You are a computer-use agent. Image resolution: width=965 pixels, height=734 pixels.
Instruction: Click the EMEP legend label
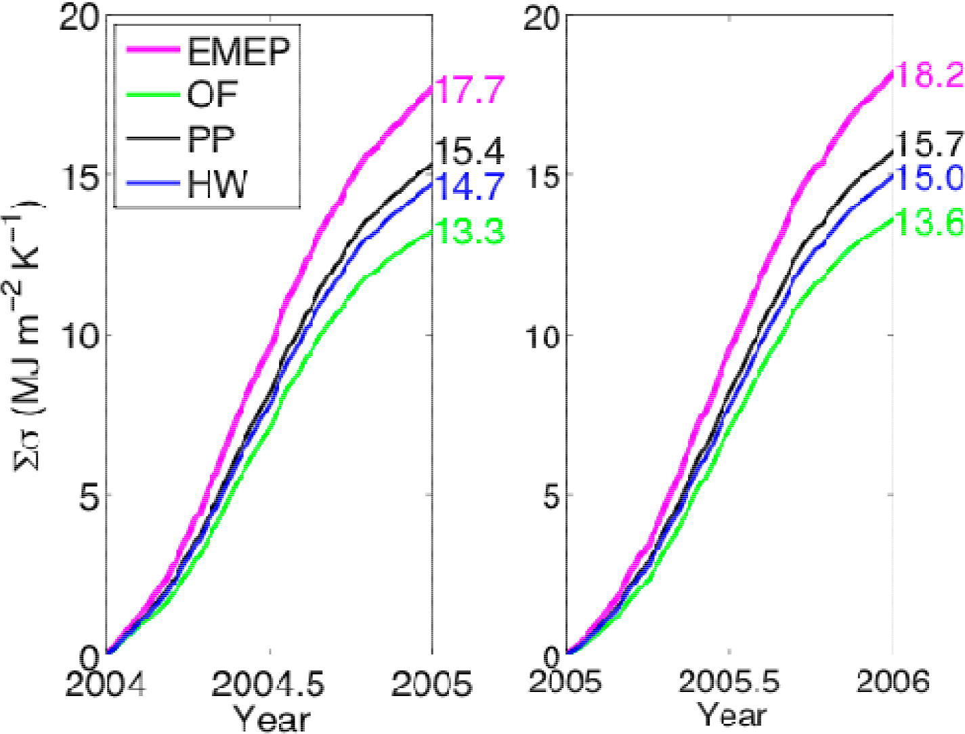(x=238, y=51)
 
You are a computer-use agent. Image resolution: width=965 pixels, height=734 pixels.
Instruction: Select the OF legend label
(x=212, y=94)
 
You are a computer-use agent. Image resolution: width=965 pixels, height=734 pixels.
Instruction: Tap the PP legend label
(x=211, y=140)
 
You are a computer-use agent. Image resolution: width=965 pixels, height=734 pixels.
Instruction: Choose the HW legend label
(x=217, y=184)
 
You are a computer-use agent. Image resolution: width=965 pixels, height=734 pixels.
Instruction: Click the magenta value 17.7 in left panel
(x=469, y=89)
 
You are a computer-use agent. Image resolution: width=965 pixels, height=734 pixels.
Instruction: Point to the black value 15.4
(x=469, y=150)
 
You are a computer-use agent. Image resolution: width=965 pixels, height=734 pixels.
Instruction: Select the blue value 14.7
(x=469, y=187)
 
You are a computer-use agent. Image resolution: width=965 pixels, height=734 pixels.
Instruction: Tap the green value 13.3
(x=469, y=232)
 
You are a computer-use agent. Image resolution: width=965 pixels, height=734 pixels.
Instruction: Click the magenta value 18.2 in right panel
(x=930, y=74)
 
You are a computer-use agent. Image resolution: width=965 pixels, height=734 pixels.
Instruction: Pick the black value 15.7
(x=930, y=144)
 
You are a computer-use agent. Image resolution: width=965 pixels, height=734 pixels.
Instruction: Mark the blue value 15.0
(x=930, y=178)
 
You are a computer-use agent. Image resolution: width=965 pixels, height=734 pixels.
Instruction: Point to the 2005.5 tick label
(x=729, y=680)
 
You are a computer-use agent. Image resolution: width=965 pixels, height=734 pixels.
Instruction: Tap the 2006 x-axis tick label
(x=893, y=680)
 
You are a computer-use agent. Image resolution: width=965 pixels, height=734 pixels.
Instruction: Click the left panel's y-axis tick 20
(x=79, y=17)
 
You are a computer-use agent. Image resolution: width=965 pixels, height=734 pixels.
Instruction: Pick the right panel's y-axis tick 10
(x=543, y=336)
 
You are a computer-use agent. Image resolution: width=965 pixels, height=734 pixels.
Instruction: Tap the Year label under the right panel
(x=731, y=715)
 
